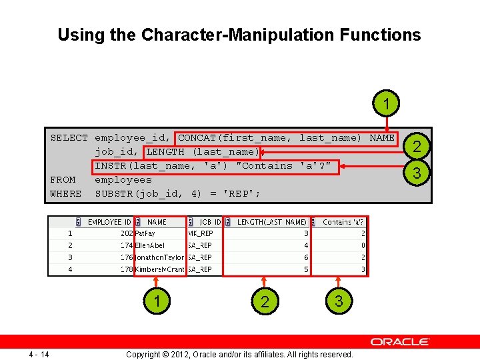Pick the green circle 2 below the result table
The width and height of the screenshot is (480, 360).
(265, 302)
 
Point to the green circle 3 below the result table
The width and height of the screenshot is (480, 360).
(339, 301)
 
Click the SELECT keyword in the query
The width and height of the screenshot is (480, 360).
(69, 138)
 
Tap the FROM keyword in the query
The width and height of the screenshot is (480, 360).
(63, 179)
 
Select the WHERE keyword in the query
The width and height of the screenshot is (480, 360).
(66, 193)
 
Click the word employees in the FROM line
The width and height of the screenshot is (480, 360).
(123, 179)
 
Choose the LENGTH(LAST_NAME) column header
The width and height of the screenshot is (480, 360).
(272, 222)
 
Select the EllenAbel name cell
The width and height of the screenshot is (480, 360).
(151, 245)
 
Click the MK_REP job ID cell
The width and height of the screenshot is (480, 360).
(200, 234)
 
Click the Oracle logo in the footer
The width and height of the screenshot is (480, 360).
(400, 341)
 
